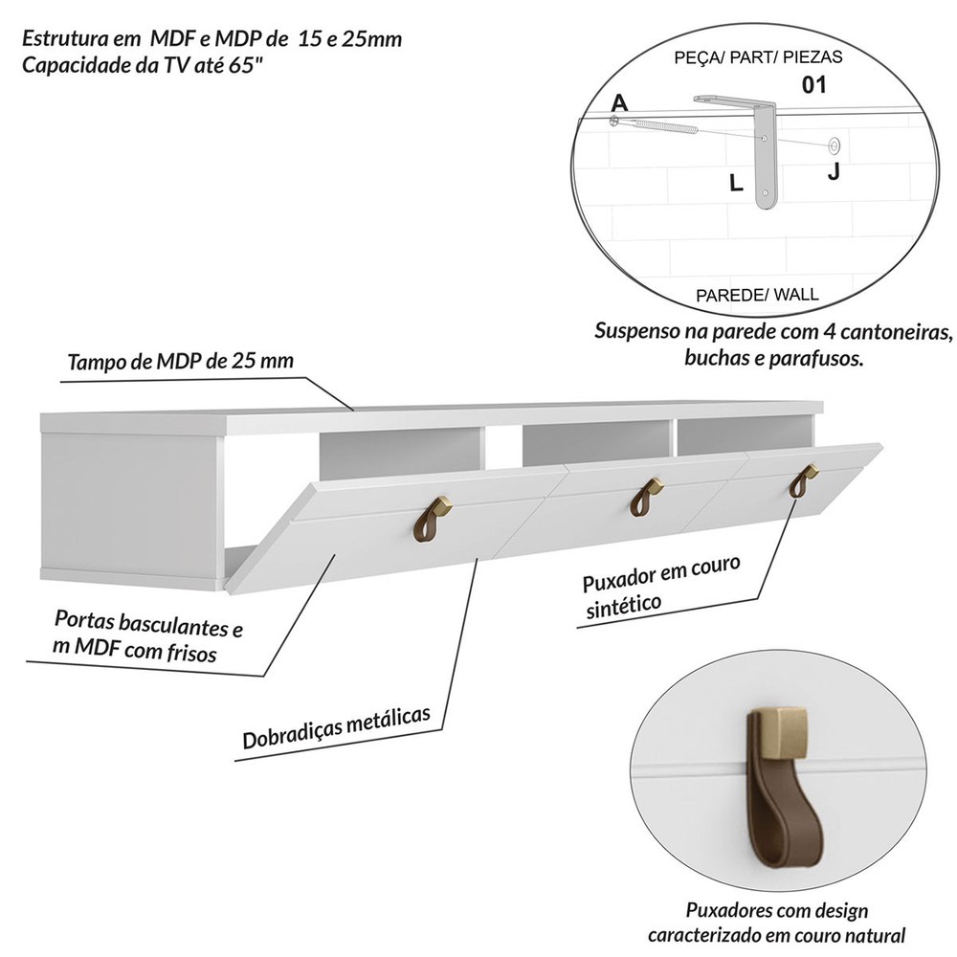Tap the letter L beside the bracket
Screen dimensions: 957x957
[736, 184]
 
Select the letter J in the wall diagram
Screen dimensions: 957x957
[834, 172]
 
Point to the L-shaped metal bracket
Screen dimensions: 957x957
[764, 144]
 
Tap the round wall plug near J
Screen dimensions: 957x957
[835, 146]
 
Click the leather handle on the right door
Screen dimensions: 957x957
[801, 481]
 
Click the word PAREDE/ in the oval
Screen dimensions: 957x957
[727, 295]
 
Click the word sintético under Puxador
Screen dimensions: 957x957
[622, 606]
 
